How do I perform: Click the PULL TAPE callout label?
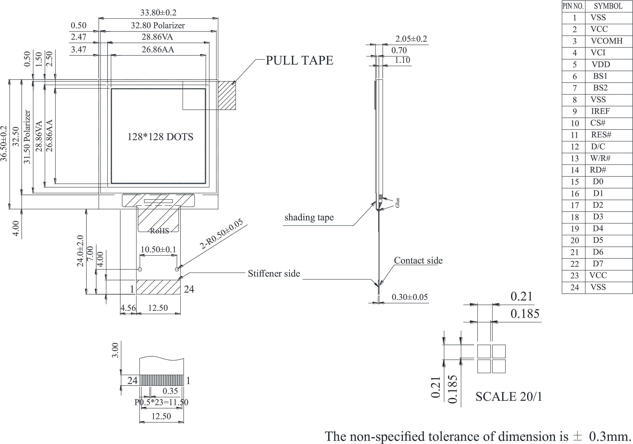[299, 60]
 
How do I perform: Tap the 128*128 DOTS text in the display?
[160, 137]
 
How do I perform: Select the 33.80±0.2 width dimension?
[158, 13]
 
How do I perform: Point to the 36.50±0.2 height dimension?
[4, 144]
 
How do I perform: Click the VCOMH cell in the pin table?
[607, 41]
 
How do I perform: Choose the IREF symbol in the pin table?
[600, 111]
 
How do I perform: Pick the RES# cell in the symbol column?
[601, 135]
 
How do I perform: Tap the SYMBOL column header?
[608, 6]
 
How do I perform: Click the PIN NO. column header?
[573, 6]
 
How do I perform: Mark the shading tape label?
[309, 217]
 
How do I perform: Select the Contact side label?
[418, 260]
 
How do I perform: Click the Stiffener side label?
[274, 273]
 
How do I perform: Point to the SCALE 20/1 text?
[509, 397]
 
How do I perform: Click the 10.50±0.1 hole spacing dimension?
[158, 250]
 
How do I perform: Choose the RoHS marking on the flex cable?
[159, 231]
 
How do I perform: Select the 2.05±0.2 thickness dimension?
[411, 39]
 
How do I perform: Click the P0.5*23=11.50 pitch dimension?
[161, 402]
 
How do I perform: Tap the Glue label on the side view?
[397, 203]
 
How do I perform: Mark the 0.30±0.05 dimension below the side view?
[410, 297]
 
